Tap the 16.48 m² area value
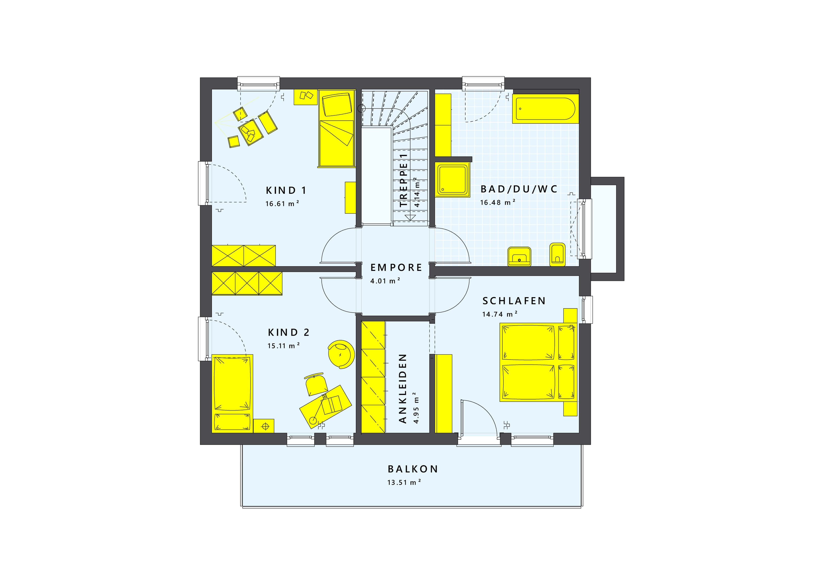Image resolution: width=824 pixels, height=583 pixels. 498,202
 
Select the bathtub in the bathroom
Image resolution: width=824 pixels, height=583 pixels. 545,109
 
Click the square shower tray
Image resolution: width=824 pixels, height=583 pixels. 452,180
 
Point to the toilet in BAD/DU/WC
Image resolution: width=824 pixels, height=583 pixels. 557,254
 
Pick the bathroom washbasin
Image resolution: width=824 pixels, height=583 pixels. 519,256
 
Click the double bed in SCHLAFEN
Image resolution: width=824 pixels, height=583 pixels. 538,362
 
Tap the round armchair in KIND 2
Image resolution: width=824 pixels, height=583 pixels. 341,354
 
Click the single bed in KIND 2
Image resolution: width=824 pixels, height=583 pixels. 232,394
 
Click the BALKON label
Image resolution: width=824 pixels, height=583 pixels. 413,469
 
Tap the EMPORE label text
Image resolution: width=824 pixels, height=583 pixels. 396,268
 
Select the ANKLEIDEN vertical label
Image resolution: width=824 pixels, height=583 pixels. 403,389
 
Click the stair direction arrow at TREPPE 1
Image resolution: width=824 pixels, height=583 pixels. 410,217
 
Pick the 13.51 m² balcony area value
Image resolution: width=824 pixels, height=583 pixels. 404,482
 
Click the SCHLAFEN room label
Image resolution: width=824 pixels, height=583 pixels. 514,301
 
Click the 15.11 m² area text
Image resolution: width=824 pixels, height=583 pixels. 284,346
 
